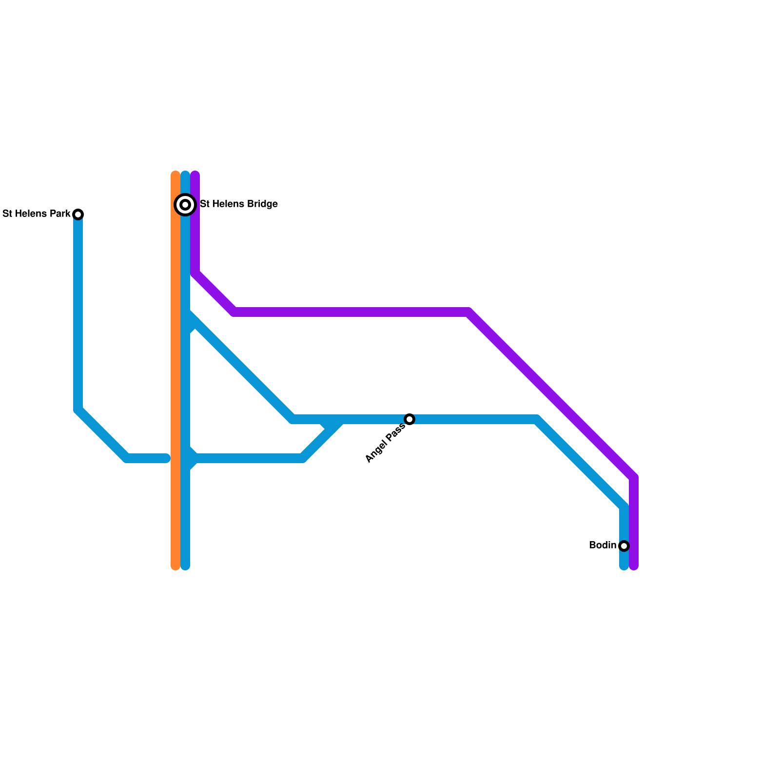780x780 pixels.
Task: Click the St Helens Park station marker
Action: coord(78,214)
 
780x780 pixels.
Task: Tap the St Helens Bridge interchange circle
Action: coord(185,205)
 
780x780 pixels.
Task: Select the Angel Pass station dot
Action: coord(409,419)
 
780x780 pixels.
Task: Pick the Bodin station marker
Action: coord(624,546)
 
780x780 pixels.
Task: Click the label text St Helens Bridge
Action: coord(239,204)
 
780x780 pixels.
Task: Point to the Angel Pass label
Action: coord(385,443)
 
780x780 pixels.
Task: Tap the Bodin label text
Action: coord(603,546)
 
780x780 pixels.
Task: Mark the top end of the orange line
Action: coord(175,175)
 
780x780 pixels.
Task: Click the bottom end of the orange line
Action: coord(175,566)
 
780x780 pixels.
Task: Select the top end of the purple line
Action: coord(195,175)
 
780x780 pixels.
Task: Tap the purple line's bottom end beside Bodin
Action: coord(634,566)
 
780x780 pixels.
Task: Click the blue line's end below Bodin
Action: coord(624,566)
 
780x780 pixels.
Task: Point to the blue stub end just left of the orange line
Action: coord(166,458)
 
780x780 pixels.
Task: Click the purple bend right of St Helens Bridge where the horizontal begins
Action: coord(234,312)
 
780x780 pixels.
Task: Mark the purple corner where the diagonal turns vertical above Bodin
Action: coord(634,477)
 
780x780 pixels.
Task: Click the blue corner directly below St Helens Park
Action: coord(78,409)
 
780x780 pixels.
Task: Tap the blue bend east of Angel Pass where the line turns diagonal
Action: coord(537,419)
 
